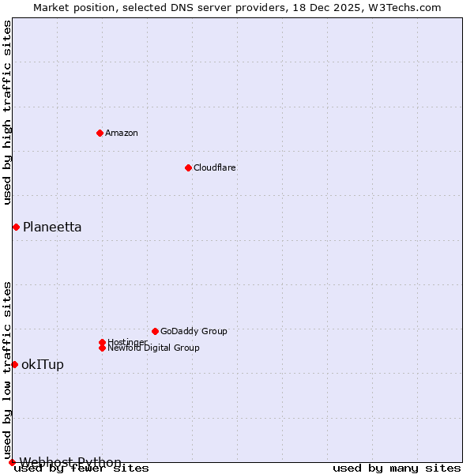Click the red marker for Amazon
click(100, 133)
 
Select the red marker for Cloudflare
click(188, 167)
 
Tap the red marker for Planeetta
click(16, 228)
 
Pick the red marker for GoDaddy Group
click(155, 331)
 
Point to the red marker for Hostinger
click(102, 342)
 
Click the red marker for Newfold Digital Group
click(102, 348)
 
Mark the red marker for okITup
click(14, 364)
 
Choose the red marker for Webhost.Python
click(12, 462)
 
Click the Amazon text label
click(121, 133)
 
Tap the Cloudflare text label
click(214, 167)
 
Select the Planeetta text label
click(52, 228)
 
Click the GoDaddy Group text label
click(194, 331)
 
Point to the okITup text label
click(43, 364)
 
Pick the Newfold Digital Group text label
click(153, 348)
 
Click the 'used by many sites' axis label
click(397, 468)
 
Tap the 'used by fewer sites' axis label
click(82, 468)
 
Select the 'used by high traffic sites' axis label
click(7, 112)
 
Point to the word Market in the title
click(51, 7)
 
